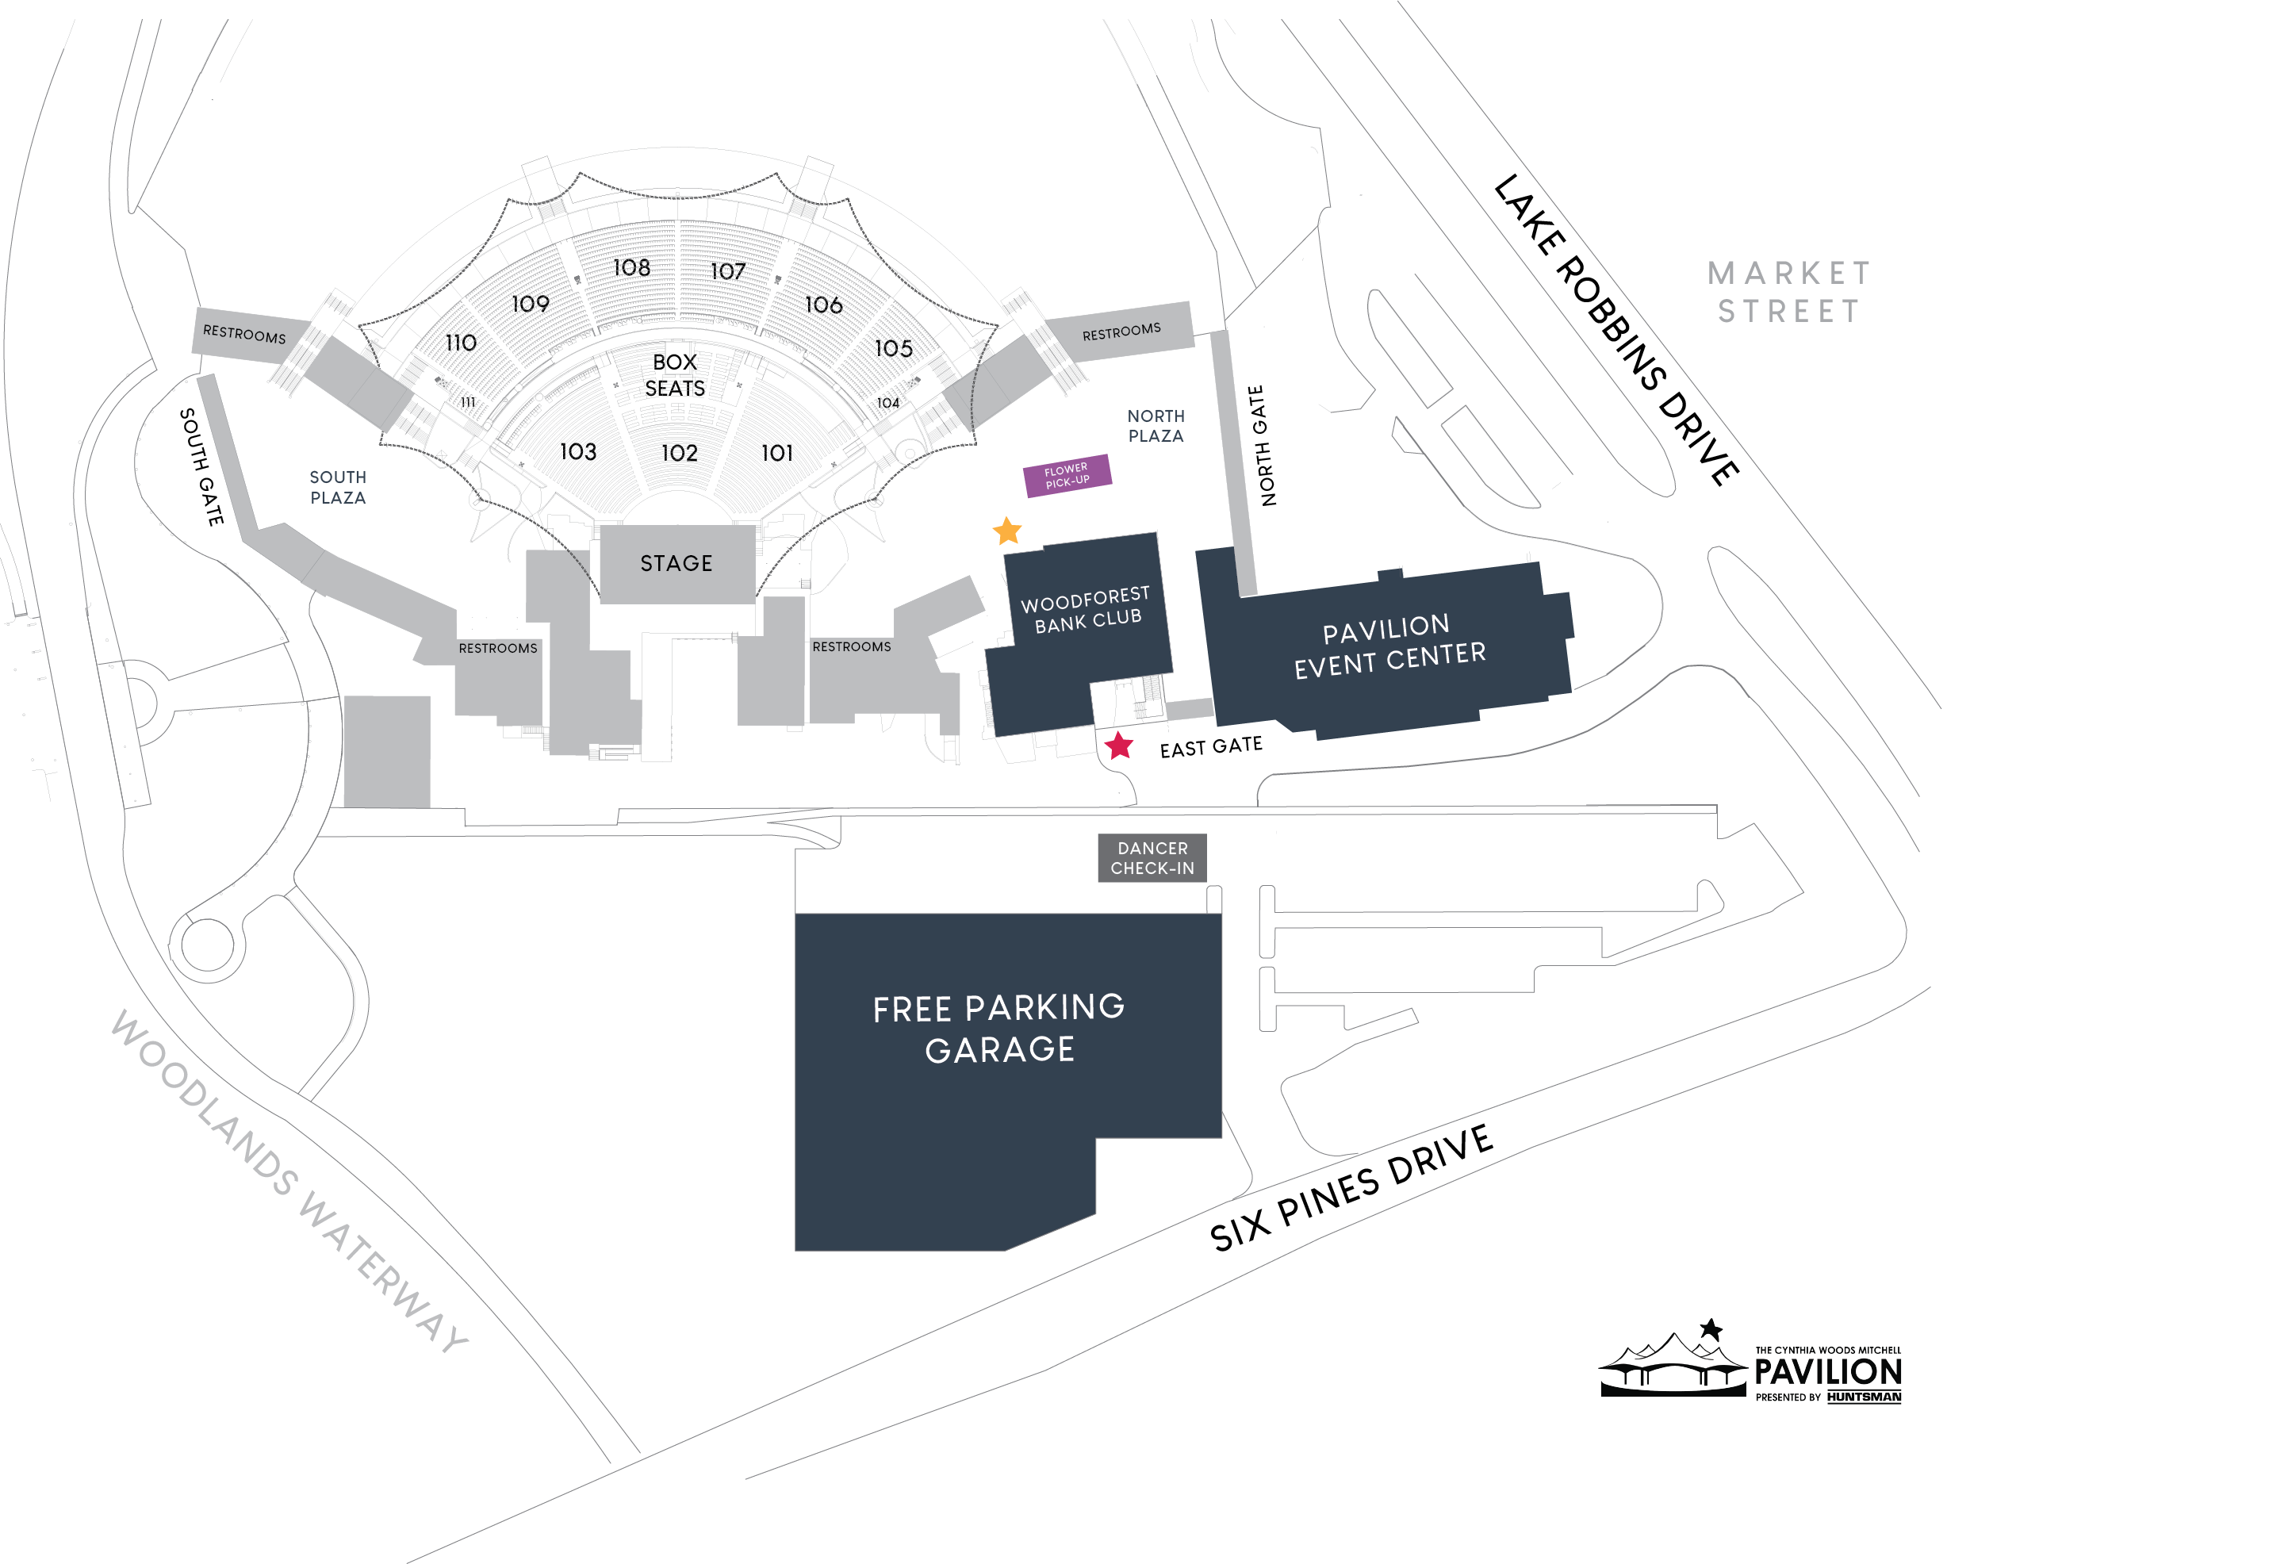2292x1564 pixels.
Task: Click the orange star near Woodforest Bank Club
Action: (x=1007, y=531)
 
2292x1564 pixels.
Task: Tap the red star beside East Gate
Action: (x=1118, y=746)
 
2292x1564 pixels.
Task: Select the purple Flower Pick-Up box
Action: (x=1067, y=475)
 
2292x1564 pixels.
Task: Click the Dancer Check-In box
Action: (x=1152, y=858)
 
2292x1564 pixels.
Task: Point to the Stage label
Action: (x=676, y=564)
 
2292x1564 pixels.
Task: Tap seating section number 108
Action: (x=631, y=268)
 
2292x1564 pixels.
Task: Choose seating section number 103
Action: (x=578, y=451)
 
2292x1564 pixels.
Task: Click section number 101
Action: (x=777, y=453)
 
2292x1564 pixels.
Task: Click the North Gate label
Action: (x=1261, y=446)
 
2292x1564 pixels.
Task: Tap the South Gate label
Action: (x=201, y=466)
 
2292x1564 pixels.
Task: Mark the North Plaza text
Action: (x=1156, y=426)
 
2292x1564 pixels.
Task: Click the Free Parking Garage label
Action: (x=999, y=1029)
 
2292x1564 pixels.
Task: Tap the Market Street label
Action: (x=1789, y=292)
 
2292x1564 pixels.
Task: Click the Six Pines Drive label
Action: (x=1351, y=1187)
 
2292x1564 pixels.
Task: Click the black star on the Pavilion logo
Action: (x=1711, y=1329)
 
